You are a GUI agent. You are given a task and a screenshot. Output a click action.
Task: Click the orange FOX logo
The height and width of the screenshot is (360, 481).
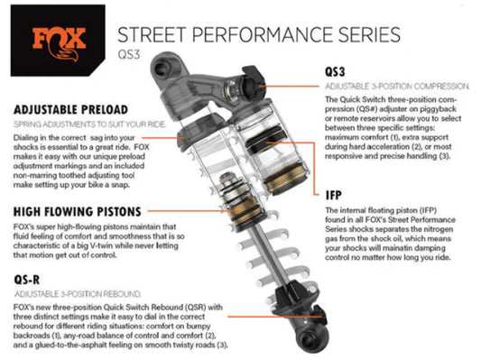tap(59, 43)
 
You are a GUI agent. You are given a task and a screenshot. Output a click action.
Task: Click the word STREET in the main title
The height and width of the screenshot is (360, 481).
tap(152, 34)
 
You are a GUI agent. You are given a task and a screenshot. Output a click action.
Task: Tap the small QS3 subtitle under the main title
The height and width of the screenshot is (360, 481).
tap(129, 54)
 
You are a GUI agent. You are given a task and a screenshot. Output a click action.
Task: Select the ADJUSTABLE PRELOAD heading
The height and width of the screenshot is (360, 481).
tap(70, 110)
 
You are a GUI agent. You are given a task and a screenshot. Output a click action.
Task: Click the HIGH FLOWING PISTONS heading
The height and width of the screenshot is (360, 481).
tap(78, 212)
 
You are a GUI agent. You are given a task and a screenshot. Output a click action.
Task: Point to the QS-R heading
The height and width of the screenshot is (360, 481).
tap(27, 280)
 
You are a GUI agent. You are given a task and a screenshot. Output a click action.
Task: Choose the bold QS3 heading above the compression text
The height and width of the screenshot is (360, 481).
tap(335, 72)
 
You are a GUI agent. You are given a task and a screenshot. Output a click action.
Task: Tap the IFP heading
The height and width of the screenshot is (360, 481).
tap(333, 195)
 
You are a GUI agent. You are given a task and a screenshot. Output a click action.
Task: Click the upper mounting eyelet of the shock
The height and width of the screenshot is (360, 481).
tap(162, 69)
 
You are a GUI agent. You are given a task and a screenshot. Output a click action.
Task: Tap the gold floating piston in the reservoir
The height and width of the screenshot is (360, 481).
tap(285, 178)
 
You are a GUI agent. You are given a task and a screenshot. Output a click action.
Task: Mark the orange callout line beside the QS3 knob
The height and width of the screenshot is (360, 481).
tap(289, 87)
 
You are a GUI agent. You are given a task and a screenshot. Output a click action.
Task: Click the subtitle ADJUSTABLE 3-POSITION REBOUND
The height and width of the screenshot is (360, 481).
tap(78, 294)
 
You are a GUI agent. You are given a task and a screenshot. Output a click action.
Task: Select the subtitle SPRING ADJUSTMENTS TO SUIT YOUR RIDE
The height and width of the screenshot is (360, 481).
tap(89, 125)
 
